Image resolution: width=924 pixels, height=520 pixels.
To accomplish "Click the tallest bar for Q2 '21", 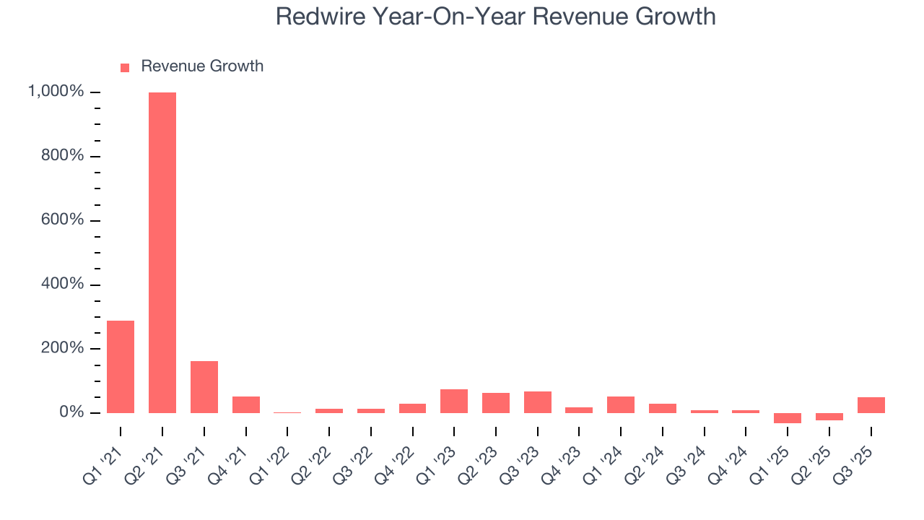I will tap(162, 253).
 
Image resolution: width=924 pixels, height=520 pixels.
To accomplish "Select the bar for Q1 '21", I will tap(121, 367).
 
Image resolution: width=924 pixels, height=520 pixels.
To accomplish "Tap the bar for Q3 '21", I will tap(204, 387).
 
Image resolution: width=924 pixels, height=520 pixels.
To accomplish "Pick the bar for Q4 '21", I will tap(246, 404).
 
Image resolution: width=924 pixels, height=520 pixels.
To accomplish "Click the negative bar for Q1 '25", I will tap(788, 418).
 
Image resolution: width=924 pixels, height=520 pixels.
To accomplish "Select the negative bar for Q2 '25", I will tap(829, 417).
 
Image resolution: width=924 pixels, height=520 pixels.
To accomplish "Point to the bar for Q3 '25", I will tap(871, 405).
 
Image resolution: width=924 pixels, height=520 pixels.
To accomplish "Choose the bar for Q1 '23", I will tap(454, 401).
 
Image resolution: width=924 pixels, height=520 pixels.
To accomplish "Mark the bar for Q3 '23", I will tap(538, 402).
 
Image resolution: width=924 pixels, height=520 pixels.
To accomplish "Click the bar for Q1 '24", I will tap(621, 404).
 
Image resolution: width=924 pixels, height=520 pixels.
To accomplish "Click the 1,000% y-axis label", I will tap(56, 92).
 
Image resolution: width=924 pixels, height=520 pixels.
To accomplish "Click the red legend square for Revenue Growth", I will tap(125, 67).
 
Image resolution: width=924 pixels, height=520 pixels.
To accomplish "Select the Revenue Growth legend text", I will tap(202, 66).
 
